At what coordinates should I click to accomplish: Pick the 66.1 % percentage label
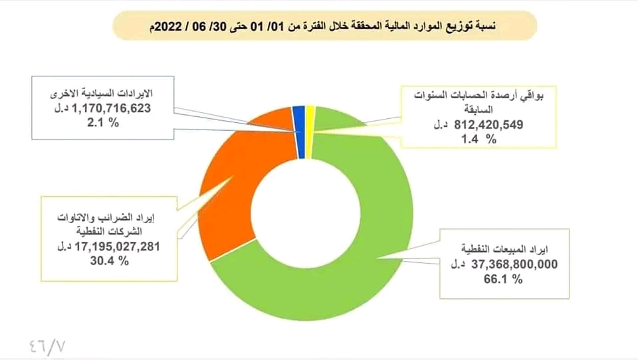coord(507,280)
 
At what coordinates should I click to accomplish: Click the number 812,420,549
coord(495,124)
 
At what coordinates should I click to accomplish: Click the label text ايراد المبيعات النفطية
coord(518,250)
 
